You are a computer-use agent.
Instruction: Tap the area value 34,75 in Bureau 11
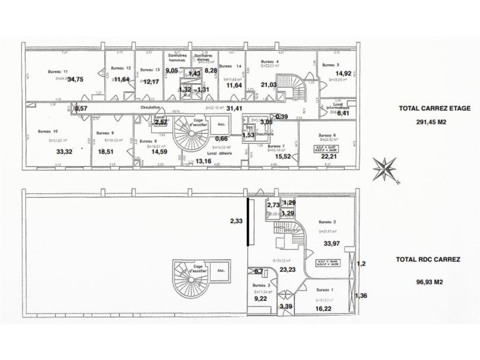tap(75, 79)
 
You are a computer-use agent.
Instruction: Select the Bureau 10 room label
tap(48, 132)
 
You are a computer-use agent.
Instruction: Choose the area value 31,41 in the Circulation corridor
tap(234, 108)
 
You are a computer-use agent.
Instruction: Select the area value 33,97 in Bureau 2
tap(331, 243)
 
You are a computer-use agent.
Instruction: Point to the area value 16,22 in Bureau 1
tap(323, 309)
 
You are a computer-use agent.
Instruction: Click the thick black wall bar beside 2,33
tap(247, 222)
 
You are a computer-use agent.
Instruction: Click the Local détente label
tap(220, 153)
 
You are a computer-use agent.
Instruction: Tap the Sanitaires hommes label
tap(177, 57)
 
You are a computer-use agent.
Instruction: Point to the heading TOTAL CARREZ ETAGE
tap(434, 108)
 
